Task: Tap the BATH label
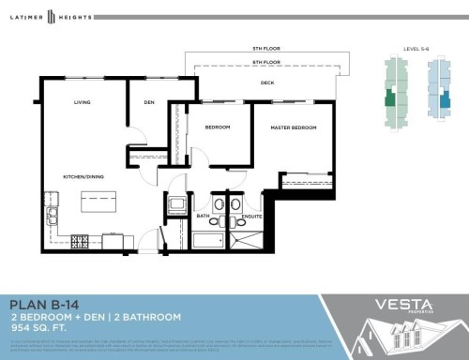tap(204, 216)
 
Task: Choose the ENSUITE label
tap(250, 216)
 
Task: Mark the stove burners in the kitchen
tap(81, 242)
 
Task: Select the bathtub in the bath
tap(205, 241)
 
